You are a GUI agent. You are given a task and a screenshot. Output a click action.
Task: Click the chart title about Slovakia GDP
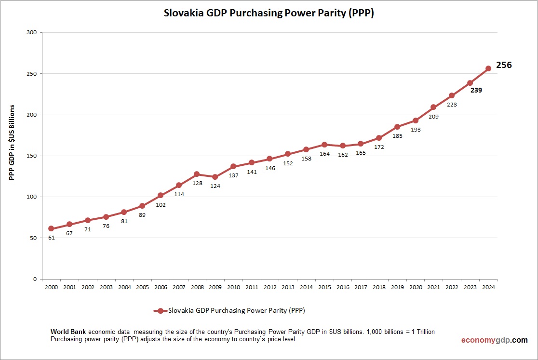pos(269,13)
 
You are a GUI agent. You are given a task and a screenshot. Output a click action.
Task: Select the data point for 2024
pos(488,68)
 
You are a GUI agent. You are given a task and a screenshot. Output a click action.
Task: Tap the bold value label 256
pos(504,65)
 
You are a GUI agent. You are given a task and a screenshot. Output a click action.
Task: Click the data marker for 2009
pos(215,177)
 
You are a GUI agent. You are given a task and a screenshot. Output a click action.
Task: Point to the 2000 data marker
pos(51,229)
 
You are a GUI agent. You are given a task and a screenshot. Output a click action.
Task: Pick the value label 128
pos(197,183)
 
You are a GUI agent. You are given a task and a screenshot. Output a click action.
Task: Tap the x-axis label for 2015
pos(324,288)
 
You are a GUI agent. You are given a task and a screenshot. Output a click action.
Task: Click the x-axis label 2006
pos(160,288)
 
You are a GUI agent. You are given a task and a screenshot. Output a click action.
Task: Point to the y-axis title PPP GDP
pos(13,142)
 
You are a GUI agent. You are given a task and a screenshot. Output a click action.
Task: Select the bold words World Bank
pos(68,333)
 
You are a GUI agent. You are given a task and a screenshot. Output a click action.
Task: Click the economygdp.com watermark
pos(494,340)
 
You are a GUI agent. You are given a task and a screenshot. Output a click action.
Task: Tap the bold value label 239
pos(476,90)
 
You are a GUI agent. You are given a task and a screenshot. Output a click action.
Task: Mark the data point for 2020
pos(415,120)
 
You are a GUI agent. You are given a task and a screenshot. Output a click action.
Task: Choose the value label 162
pos(342,155)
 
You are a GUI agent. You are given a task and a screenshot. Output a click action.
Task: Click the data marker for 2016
pos(342,146)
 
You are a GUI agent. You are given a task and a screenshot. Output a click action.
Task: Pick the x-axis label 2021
pos(433,288)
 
